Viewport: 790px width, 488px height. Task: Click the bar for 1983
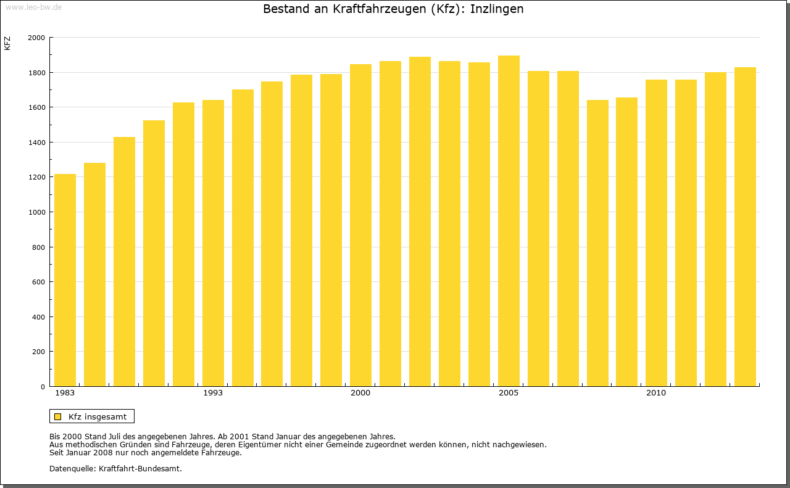pos(65,280)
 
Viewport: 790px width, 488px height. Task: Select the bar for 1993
pos(213,243)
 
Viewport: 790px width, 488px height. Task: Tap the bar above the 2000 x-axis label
pos(360,225)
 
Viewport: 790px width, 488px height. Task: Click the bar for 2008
pos(597,243)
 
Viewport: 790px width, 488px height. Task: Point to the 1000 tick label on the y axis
pos(36,212)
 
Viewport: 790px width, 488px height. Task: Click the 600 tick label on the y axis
pos(38,282)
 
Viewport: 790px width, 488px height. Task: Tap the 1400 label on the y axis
pos(36,143)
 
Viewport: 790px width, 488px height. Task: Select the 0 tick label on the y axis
pos(43,387)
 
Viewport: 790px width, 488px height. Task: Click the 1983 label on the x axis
pos(65,393)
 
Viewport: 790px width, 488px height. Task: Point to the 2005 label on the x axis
pos(509,393)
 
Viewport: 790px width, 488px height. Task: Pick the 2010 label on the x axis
pos(656,393)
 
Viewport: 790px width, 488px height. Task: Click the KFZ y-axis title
pos(7,43)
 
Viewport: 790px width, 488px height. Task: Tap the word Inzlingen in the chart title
pos(497,9)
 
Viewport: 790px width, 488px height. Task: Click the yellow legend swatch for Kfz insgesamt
pos(57,416)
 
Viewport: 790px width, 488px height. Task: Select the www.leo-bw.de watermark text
pos(33,6)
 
